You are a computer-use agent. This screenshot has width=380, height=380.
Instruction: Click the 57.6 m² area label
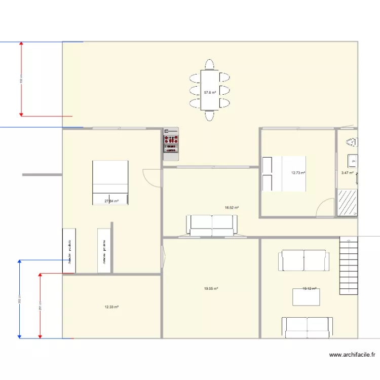pyautogui.click(x=210, y=93)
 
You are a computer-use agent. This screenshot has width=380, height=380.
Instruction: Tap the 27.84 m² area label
pyautogui.click(x=111, y=201)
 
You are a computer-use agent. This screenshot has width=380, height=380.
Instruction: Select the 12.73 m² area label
pyautogui.click(x=298, y=173)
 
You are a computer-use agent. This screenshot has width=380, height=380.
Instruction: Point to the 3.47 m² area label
pyautogui.click(x=347, y=173)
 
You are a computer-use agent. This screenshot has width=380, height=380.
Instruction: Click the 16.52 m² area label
pyautogui.click(x=232, y=207)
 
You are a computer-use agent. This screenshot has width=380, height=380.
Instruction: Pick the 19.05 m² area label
pyautogui.click(x=211, y=289)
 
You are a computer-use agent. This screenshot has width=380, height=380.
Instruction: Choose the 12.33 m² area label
pyautogui.click(x=111, y=307)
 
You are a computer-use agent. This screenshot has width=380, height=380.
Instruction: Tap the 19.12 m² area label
pyautogui.click(x=309, y=289)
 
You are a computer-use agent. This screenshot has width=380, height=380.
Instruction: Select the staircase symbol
pyautogui.click(x=349, y=267)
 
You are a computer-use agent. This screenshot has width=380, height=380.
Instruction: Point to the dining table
pyautogui.click(x=210, y=90)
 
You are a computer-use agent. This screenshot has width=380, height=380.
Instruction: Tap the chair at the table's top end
pyautogui.click(x=210, y=64)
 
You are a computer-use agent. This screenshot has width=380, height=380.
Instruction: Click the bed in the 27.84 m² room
pyautogui.click(x=110, y=182)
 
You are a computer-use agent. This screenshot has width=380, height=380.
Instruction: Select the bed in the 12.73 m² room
pyautogui.click(x=284, y=174)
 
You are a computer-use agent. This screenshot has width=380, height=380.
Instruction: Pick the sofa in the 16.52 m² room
pyautogui.click(x=212, y=225)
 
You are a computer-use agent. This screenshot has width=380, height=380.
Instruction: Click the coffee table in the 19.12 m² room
pyautogui.click(x=306, y=297)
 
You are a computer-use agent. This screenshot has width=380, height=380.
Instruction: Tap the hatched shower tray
pyautogui.click(x=347, y=203)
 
